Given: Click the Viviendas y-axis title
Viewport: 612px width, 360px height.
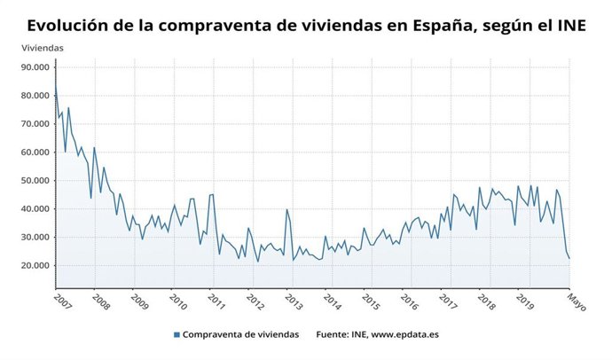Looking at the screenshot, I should tap(42, 46).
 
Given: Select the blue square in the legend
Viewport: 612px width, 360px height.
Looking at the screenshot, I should tap(177, 334).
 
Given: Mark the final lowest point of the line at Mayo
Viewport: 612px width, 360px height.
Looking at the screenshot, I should tap(569, 259).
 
